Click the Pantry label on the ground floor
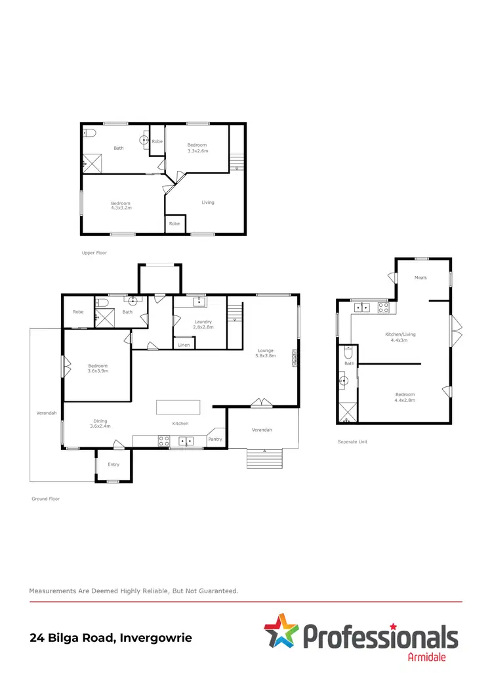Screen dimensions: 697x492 point(215,439)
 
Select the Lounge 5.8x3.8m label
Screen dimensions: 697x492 point(265,353)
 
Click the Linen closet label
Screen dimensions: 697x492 point(184,344)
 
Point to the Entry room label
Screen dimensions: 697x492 point(114,464)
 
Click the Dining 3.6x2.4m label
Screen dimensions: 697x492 point(100,424)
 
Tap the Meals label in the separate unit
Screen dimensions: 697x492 point(420,277)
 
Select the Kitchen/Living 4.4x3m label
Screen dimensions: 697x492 point(400,336)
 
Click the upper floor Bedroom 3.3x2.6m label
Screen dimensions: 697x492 point(197,148)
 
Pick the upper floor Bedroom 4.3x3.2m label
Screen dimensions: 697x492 point(121,205)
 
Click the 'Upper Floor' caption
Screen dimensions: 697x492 point(94,252)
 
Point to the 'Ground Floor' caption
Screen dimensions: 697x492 point(45,499)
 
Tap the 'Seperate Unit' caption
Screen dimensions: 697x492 point(352,441)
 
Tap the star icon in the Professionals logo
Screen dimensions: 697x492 point(281,631)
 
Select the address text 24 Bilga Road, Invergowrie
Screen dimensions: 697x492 point(111,637)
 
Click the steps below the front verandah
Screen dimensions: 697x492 point(264,459)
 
